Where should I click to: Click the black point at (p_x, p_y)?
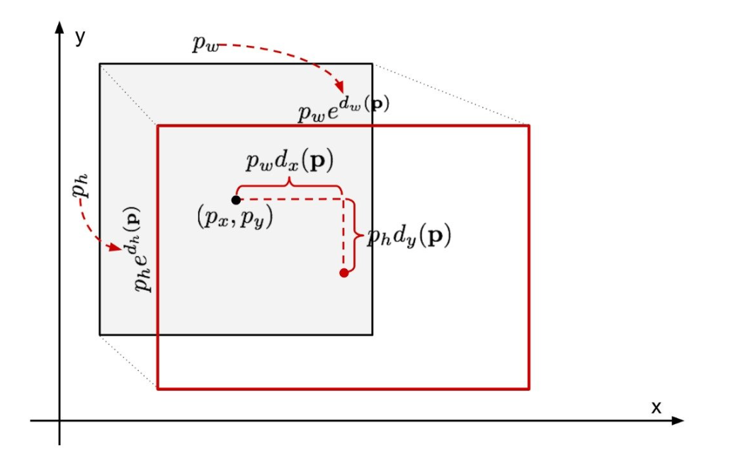pyautogui.click(x=236, y=200)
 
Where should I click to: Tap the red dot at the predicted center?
pyautogui.click(x=344, y=272)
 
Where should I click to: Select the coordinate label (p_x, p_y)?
pyautogui.click(x=234, y=217)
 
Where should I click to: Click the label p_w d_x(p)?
pyautogui.click(x=290, y=161)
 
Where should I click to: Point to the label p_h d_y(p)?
pyautogui.click(x=409, y=236)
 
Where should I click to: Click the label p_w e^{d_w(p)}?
pyautogui.click(x=343, y=108)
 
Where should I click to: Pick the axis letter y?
pyautogui.click(x=80, y=38)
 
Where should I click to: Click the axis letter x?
pyautogui.click(x=656, y=407)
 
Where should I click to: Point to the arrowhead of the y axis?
pyautogui.click(x=59, y=28)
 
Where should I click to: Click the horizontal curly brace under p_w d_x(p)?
pyautogui.click(x=289, y=185)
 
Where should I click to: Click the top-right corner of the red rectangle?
pyautogui.click(x=529, y=125)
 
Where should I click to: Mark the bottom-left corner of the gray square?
pyautogui.click(x=100, y=334)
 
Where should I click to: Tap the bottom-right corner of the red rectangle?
pyautogui.click(x=529, y=389)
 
